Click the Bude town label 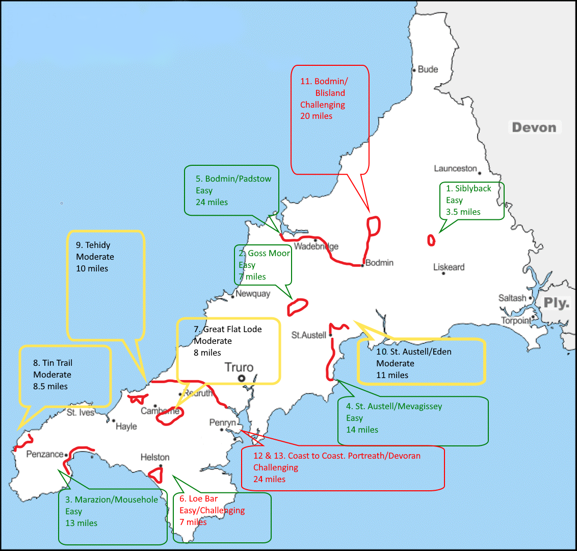click(428, 69)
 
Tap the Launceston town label click(455, 168)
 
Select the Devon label click(534, 128)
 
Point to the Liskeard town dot click(443, 273)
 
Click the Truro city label click(239, 367)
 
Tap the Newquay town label click(253, 294)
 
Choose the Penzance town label click(45, 454)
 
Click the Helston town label click(155, 457)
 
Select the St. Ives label click(81, 412)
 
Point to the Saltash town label click(512, 298)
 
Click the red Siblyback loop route click(431, 240)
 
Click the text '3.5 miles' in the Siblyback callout click(463, 212)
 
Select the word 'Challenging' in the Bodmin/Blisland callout click(322, 105)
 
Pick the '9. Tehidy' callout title click(93, 245)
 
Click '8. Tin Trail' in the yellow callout click(53, 363)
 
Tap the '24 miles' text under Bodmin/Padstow click(212, 203)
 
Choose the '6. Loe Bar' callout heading click(198, 499)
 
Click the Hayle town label click(126, 427)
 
